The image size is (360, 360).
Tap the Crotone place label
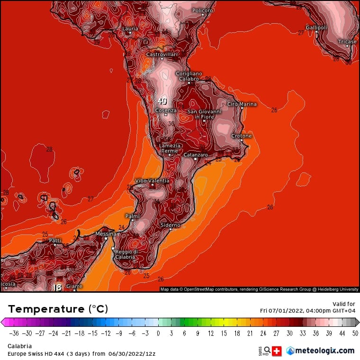[241, 136]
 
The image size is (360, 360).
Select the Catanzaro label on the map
[196, 155]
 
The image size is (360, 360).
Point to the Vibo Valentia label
[152, 181]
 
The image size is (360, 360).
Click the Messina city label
[106, 234]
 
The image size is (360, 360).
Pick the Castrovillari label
[162, 54]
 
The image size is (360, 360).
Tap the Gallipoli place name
[316, 27]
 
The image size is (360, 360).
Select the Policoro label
[203, 10]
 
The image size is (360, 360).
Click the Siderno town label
[171, 225]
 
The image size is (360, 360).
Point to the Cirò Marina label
[242, 104]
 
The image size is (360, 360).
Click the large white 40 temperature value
[162, 101]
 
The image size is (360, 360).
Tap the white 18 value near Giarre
[57, 287]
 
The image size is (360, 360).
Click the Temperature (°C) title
[58, 309]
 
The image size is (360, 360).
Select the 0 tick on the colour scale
[158, 333]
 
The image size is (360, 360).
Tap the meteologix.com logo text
[324, 351]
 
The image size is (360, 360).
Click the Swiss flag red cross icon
[276, 351]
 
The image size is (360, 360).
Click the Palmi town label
[131, 216]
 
